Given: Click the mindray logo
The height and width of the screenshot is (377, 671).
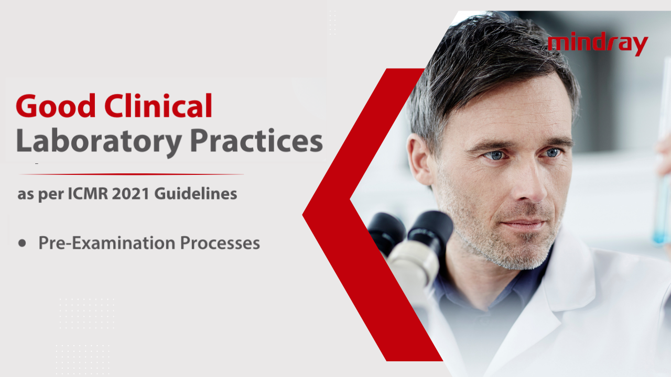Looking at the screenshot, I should point(598,45).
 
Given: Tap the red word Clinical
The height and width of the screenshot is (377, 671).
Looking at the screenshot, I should point(158,106).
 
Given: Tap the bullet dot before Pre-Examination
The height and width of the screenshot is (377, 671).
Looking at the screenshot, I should point(22,243).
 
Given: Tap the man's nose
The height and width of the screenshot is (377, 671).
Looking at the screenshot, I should point(524,188).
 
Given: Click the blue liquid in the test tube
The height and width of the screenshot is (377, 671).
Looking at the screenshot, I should point(661,220).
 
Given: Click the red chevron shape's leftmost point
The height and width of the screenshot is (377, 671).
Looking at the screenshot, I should point(304,214).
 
